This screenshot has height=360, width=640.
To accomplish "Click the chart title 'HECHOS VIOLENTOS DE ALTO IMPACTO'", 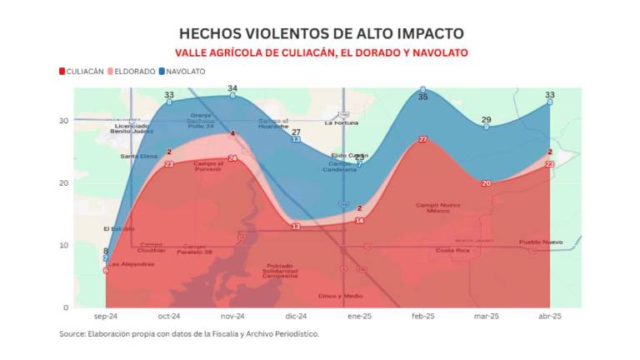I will (321, 33).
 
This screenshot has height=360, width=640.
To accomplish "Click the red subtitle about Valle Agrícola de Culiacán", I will (321, 52).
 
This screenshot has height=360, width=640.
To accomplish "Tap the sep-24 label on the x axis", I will (106, 317).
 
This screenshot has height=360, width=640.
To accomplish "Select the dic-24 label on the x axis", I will (296, 317).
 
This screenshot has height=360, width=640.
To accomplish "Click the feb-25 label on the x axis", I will (422, 317).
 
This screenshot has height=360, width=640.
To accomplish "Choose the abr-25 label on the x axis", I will (549, 317).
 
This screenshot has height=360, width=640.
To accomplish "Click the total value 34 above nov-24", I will (232, 88).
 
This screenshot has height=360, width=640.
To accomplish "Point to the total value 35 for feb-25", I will (422, 97).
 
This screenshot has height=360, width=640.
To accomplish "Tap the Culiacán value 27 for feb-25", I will (422, 139).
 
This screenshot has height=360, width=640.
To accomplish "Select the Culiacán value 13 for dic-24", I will (296, 227).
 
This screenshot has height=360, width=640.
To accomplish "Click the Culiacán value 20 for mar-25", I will (486, 183).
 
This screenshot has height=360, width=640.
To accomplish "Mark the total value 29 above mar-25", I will (486, 120).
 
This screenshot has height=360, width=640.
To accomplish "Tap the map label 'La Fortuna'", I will (341, 123).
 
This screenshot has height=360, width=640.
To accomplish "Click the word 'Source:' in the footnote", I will (72, 334).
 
